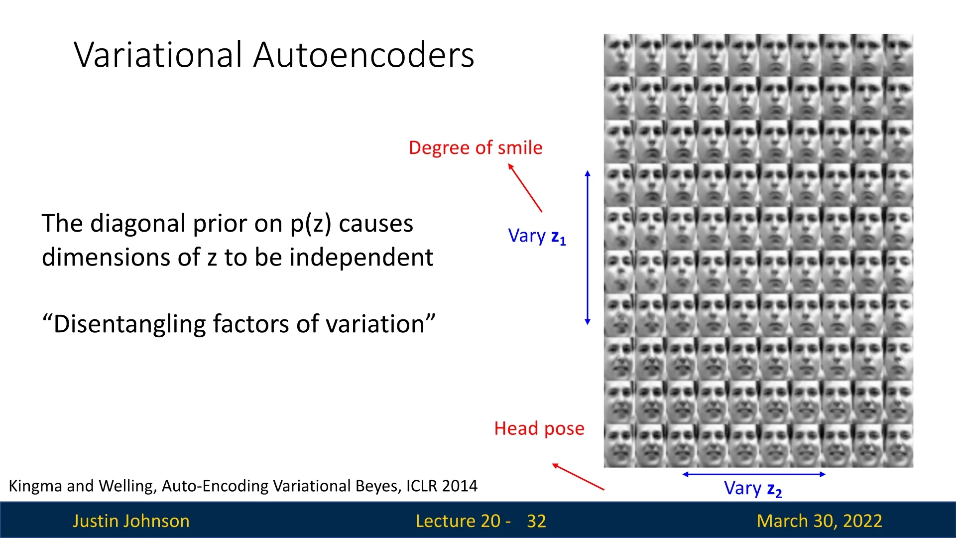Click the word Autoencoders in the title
click(x=363, y=54)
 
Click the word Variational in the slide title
click(x=158, y=54)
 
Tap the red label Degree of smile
click(x=476, y=147)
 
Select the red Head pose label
click(x=539, y=428)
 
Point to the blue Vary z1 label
click(x=537, y=236)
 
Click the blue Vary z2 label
click(x=753, y=489)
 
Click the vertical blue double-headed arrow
click(x=588, y=248)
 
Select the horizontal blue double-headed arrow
click(x=754, y=474)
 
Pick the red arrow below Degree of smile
click(x=525, y=188)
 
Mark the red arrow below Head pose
click(x=578, y=477)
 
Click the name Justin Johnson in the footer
click(x=131, y=521)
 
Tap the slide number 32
click(x=536, y=521)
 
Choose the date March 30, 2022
click(x=819, y=521)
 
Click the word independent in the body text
click(x=361, y=258)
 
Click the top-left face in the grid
click(x=619, y=55)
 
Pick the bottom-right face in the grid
click(x=898, y=446)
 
